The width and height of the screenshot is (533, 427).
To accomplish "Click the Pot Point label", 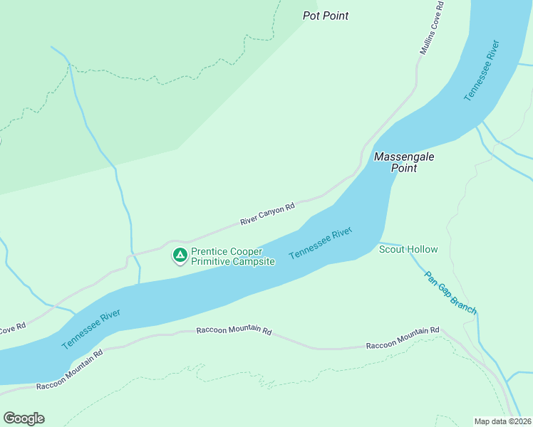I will (x=326, y=16).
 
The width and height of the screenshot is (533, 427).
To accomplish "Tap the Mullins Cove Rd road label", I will (x=432, y=28).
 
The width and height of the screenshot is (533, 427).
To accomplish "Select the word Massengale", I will (x=404, y=157).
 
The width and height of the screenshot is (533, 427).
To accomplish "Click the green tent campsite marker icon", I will (x=180, y=255).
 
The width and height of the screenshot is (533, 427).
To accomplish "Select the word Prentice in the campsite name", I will (x=211, y=252).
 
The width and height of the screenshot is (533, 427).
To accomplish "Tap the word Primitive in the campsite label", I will (x=213, y=262).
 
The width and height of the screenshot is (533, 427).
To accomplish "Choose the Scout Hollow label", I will (x=408, y=249).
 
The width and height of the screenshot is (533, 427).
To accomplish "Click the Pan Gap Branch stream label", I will (x=450, y=292).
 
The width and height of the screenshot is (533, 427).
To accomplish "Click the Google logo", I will (x=24, y=418).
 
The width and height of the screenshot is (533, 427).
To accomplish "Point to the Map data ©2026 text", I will (x=502, y=421).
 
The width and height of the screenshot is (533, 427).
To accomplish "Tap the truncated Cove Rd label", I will (x=12, y=328).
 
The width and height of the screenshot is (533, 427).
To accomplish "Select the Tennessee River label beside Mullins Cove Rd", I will (x=482, y=70).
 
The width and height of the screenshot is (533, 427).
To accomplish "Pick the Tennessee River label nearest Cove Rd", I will (x=90, y=328).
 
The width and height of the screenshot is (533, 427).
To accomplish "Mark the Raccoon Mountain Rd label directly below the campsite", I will (x=234, y=332).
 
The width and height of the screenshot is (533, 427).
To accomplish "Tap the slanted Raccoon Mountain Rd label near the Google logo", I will (x=69, y=369).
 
